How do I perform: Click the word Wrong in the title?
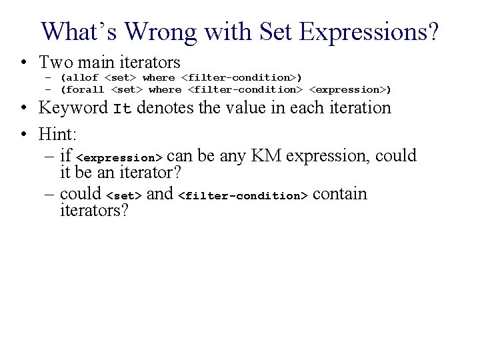[x=162, y=31]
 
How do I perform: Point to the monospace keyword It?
[x=121, y=109]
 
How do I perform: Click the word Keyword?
[x=73, y=107]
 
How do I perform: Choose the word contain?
[x=340, y=194]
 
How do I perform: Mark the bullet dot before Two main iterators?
[x=23, y=63]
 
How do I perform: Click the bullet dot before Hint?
[x=23, y=134]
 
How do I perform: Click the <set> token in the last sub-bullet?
[x=124, y=196]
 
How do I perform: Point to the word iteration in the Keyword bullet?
[x=357, y=107]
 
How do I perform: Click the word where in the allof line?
[x=159, y=77]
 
